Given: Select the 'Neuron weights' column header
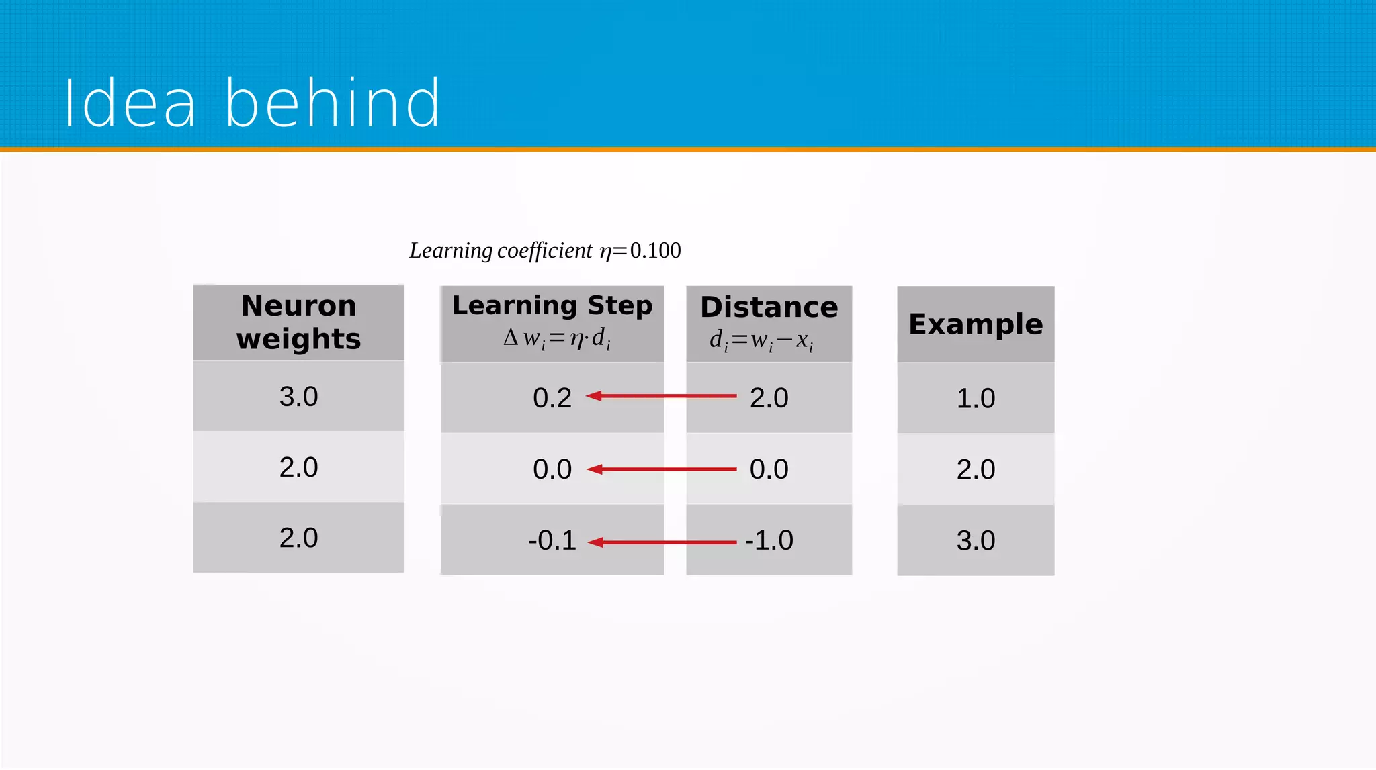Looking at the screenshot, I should tap(298, 322).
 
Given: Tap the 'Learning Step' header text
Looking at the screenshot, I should tap(552, 305).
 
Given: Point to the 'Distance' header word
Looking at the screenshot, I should tap(769, 307).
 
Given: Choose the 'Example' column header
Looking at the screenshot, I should tap(976, 324).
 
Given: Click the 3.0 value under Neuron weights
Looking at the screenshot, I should tap(298, 397).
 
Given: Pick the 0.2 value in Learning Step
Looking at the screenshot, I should tap(552, 398).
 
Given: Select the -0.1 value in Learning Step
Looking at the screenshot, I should tap(552, 540).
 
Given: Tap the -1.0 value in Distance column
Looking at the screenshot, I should tap(769, 540).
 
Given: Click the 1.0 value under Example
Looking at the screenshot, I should tap(976, 398).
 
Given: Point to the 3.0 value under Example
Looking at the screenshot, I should tap(976, 540).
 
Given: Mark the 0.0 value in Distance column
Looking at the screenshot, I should tap(769, 469).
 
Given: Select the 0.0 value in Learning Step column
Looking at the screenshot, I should tap(552, 469).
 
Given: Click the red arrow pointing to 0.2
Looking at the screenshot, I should tap(661, 396).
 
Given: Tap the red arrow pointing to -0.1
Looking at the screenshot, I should tap(661, 542).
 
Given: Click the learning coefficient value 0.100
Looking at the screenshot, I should tap(655, 250).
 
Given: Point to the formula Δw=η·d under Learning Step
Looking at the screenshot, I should tap(557, 338).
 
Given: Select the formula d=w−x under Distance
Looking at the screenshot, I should tap(761, 340).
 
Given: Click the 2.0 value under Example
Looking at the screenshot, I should tap(976, 469).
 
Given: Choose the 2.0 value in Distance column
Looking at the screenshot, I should tap(769, 398).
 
